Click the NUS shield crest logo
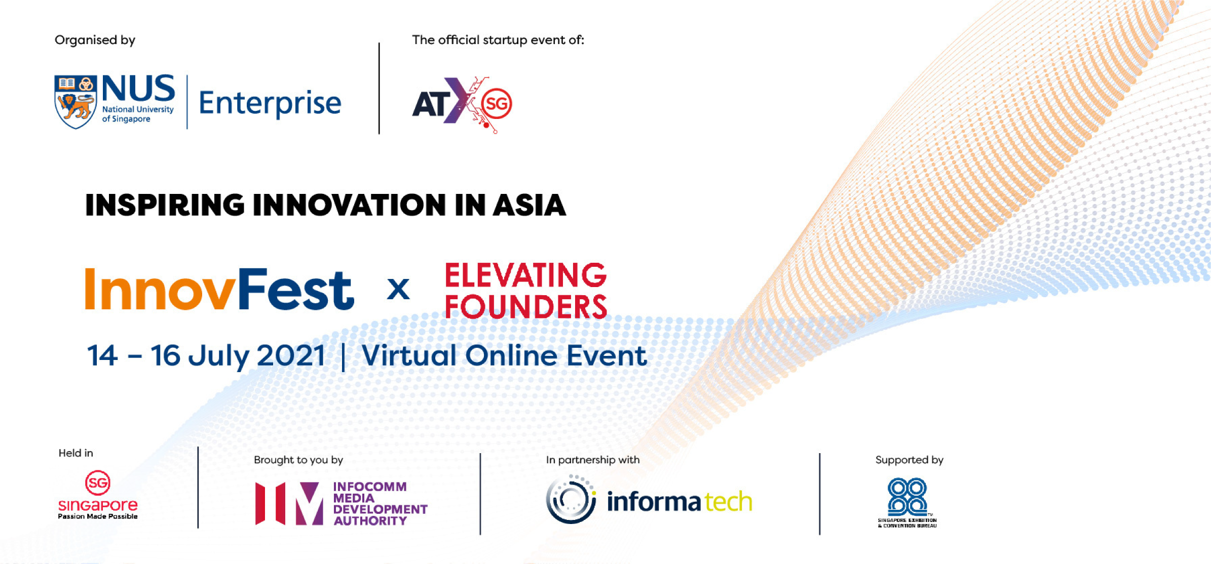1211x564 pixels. point(75,102)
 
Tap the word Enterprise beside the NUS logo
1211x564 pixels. point(270,103)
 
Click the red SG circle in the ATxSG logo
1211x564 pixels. point(497,104)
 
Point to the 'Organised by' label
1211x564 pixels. point(95,40)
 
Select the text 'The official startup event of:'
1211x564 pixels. point(498,39)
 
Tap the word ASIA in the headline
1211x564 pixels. point(529,205)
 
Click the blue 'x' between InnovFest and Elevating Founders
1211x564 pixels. point(398,290)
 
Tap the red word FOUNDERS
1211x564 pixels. point(525,306)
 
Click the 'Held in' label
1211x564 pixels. point(76,453)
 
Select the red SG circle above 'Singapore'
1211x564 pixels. point(98,483)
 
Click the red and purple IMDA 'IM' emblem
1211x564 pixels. point(289,503)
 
